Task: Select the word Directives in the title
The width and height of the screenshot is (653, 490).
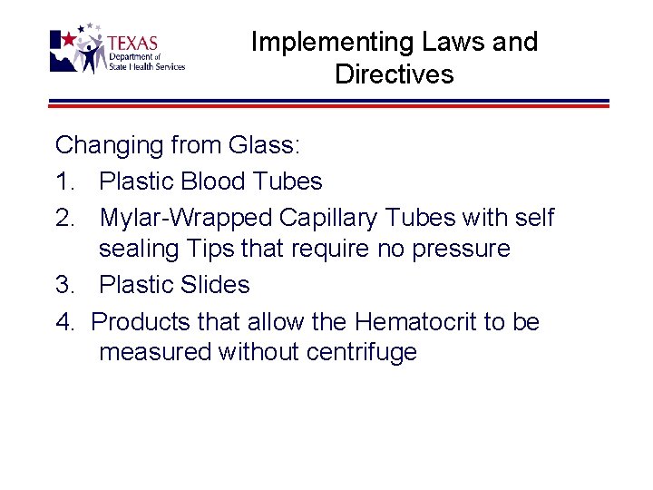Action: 394,73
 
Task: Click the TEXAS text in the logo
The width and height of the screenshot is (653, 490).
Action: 132,44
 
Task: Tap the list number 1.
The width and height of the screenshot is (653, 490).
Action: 64,181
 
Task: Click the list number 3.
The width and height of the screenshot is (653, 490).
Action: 64,285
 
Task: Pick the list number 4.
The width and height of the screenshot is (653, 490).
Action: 64,322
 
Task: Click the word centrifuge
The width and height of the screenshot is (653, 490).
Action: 362,352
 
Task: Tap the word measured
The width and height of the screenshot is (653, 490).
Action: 155,352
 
